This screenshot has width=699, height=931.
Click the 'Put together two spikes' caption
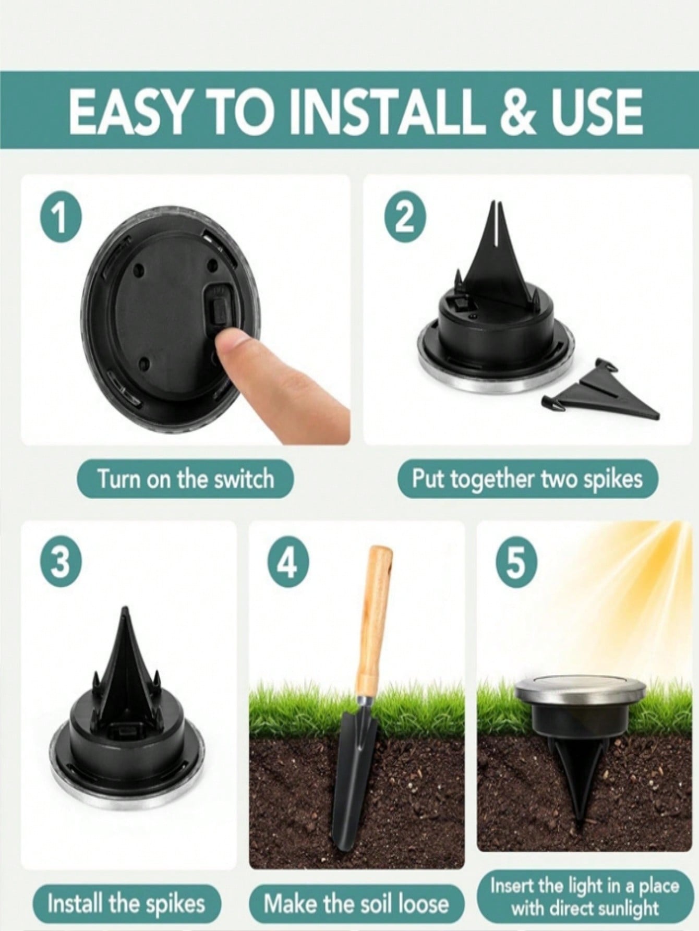527,479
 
